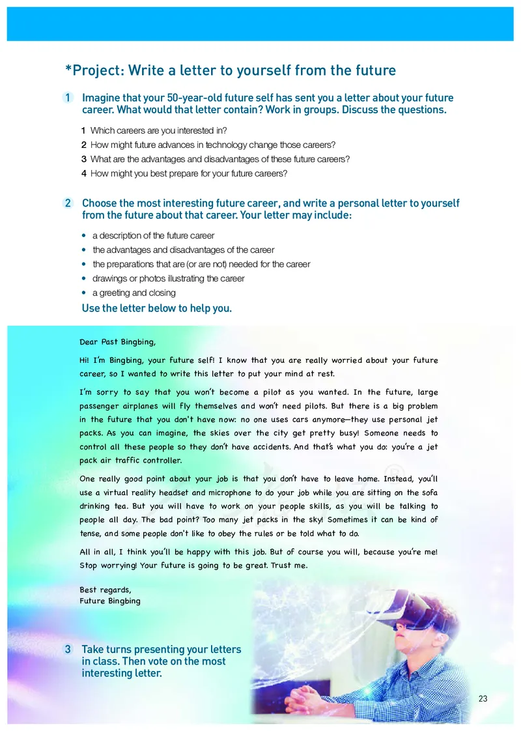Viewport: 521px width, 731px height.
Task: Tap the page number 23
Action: (483, 699)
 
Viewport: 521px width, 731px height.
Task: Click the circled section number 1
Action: (68, 98)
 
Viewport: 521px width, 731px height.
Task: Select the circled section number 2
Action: (68, 203)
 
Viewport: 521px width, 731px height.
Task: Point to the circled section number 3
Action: (68, 650)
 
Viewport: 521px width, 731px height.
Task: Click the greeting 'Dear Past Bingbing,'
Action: (118, 341)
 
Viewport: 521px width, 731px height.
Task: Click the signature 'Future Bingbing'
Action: (110, 601)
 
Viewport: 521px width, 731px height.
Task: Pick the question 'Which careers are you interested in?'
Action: (158, 130)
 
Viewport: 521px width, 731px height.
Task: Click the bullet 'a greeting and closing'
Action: (134, 293)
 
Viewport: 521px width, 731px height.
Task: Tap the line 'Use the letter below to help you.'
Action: (156, 308)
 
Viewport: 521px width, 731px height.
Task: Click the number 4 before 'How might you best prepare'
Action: (84, 173)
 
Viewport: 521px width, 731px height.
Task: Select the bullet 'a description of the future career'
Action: (153, 235)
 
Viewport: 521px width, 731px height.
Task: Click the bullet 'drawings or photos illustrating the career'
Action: (168, 278)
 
